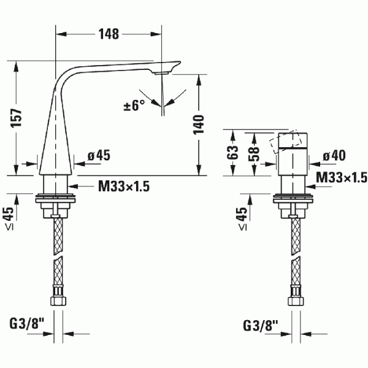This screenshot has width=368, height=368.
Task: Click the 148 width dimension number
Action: [x=109, y=34]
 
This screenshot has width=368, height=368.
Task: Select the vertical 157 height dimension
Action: [x=17, y=118]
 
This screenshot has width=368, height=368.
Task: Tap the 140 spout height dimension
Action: [x=199, y=125]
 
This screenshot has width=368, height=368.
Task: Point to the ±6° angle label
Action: [x=134, y=105]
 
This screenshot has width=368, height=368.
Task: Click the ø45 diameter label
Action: [x=99, y=155]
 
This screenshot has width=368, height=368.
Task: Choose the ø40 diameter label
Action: [x=334, y=155]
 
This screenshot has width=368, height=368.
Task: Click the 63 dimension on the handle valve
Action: [x=232, y=153]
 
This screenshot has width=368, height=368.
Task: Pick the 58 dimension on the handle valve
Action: [x=254, y=154]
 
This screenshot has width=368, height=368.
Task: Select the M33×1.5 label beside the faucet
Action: [x=124, y=186]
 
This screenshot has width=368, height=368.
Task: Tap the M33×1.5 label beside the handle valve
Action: [x=342, y=177]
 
